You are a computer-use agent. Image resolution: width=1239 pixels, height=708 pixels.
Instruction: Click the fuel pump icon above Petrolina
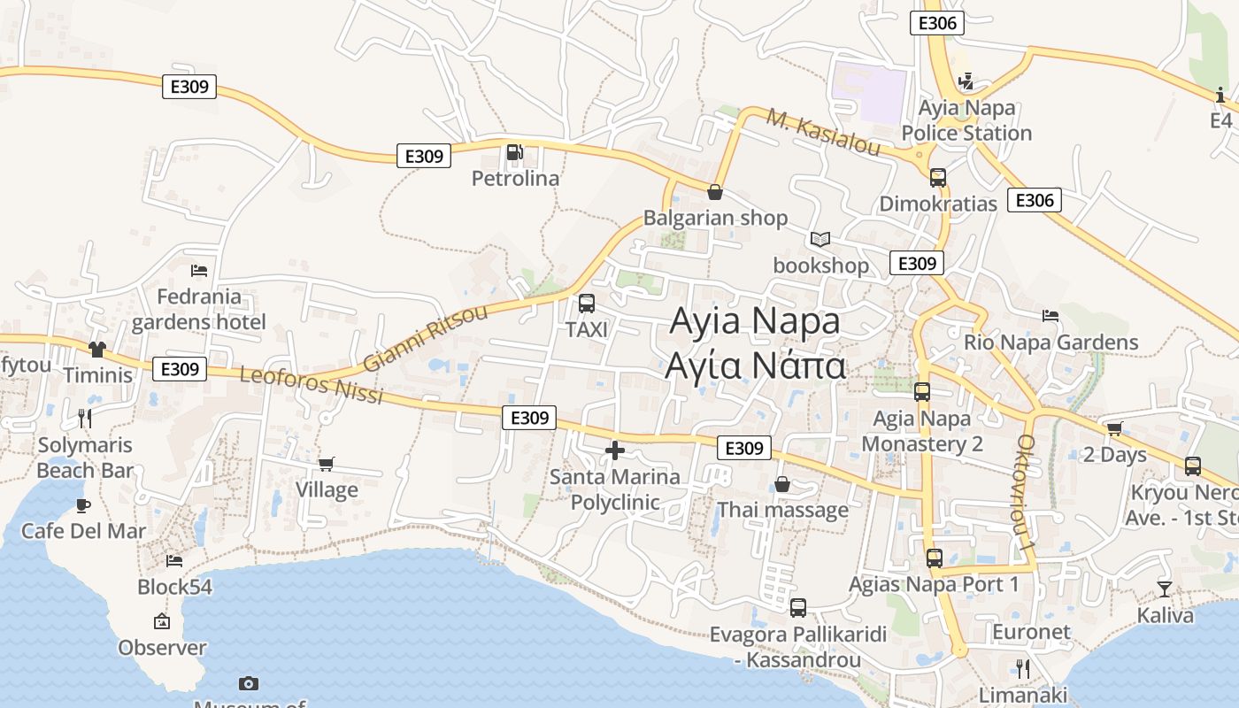(x=515, y=152)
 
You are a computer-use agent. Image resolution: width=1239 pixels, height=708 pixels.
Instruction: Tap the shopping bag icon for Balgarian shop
(x=715, y=191)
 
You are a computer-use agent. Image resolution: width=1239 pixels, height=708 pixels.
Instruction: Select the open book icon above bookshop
(x=820, y=239)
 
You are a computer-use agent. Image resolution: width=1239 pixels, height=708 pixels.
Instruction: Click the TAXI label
(x=587, y=330)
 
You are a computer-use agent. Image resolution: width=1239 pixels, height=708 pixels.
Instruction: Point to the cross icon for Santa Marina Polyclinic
(x=614, y=450)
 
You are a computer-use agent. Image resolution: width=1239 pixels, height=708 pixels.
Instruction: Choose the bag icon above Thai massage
(x=782, y=484)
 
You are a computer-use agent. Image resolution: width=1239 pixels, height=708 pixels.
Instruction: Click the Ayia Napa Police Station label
(x=966, y=120)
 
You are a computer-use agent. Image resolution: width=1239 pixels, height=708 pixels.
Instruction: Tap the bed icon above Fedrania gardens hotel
(x=199, y=270)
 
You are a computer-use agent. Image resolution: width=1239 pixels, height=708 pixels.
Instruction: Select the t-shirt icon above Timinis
(x=96, y=350)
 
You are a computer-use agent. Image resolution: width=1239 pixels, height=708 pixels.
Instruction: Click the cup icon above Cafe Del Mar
(x=83, y=505)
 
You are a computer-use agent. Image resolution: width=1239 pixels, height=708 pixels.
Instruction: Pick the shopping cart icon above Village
(x=327, y=464)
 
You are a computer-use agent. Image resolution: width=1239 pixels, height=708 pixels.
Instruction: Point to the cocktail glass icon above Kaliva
(x=1165, y=589)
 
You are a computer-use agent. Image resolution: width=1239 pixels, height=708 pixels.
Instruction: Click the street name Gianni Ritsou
(x=425, y=339)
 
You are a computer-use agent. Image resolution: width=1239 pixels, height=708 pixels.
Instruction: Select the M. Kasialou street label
(x=823, y=132)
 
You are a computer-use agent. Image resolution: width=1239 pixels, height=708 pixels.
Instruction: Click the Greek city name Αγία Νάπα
(x=756, y=365)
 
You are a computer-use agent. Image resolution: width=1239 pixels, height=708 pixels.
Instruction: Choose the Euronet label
(x=1031, y=632)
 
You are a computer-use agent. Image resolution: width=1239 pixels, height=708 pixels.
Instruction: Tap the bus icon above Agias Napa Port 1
(x=935, y=558)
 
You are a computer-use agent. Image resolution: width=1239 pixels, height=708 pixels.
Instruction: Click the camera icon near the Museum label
(x=249, y=683)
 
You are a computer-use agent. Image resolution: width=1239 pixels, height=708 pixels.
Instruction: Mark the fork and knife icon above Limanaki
(x=1023, y=668)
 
